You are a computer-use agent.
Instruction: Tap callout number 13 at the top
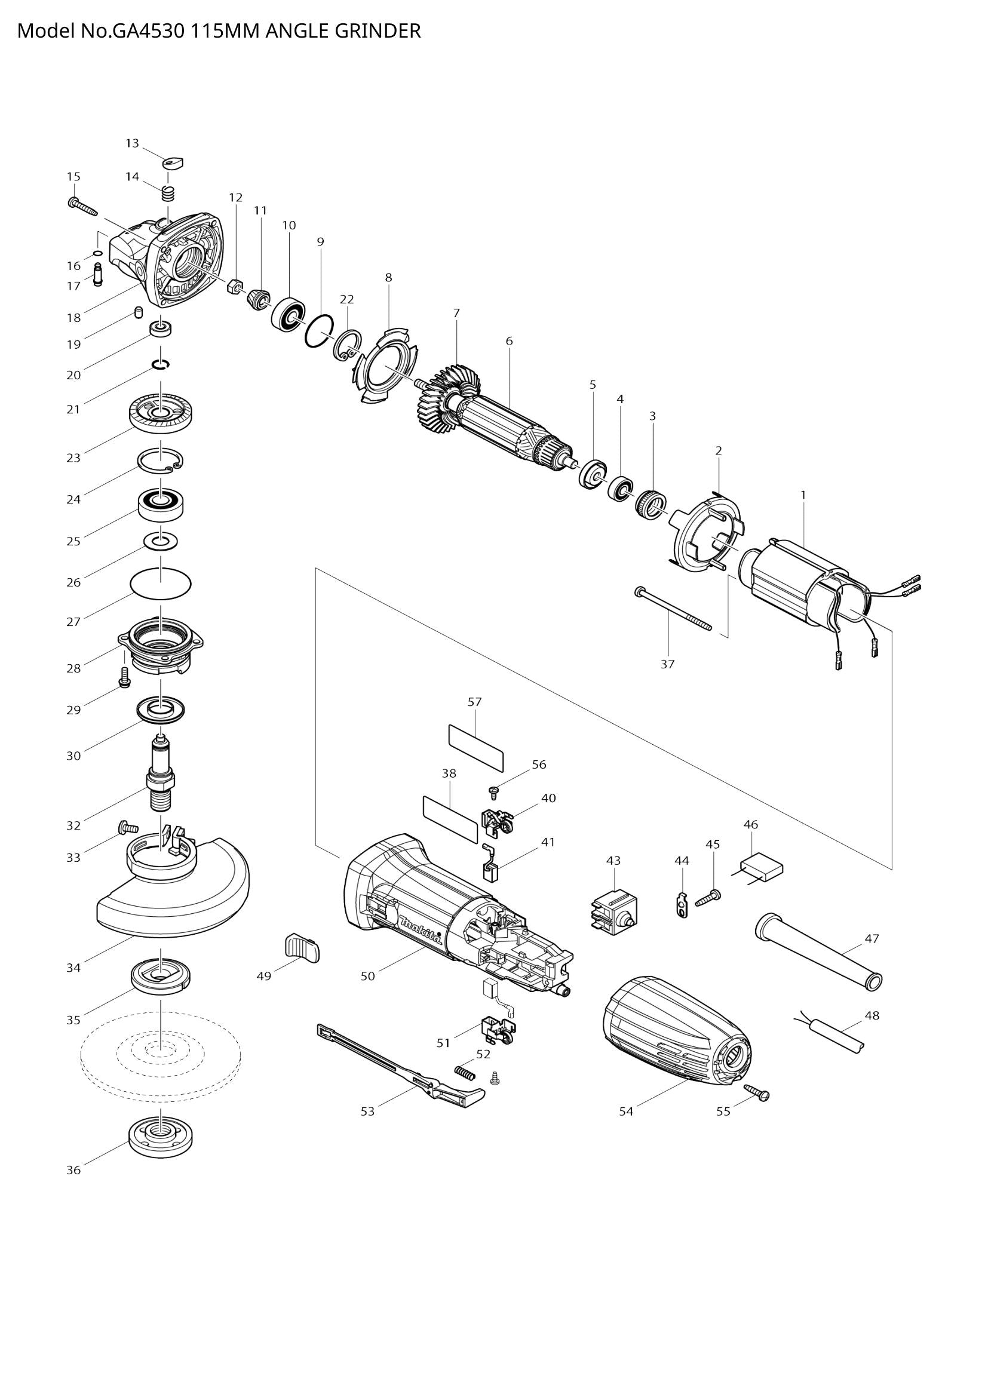pos(132,143)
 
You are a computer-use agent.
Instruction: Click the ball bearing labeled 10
pos(289,315)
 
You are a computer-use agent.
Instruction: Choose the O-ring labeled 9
pos(319,331)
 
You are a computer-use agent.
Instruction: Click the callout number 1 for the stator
pos(803,495)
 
